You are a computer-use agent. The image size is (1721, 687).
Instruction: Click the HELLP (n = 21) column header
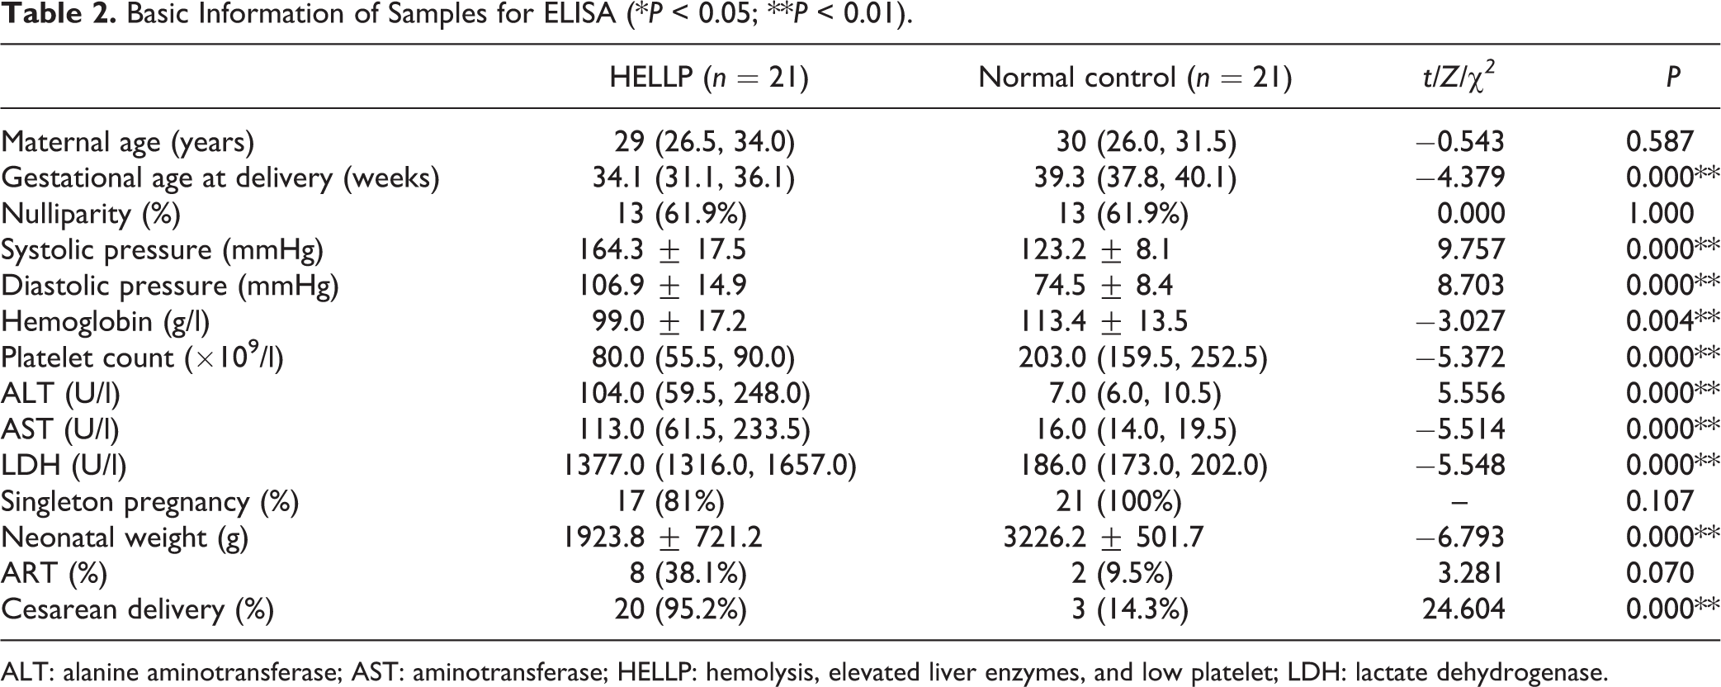(x=709, y=77)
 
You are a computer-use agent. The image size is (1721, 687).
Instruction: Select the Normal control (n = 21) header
(x=1135, y=77)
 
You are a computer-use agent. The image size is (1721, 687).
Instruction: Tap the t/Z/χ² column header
(x=1459, y=77)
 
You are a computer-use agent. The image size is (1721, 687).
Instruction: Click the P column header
(x=1672, y=77)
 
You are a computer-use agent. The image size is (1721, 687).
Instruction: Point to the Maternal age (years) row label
(x=127, y=143)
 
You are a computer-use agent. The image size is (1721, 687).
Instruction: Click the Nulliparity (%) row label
(x=91, y=214)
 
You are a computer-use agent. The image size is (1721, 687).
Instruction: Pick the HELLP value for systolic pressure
(x=664, y=249)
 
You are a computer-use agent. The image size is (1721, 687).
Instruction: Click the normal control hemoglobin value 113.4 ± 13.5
(x=1104, y=321)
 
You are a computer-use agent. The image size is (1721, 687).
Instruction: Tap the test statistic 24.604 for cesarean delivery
(x=1463, y=609)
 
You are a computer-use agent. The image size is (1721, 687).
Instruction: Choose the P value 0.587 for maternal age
(x=1660, y=142)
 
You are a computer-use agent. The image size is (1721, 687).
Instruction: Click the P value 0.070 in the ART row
(x=1660, y=573)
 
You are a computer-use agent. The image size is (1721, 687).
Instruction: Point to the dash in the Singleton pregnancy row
(x=1459, y=501)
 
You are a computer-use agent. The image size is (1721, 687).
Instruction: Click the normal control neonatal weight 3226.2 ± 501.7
(x=1104, y=538)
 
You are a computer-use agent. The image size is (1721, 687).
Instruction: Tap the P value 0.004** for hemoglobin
(x=1673, y=321)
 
